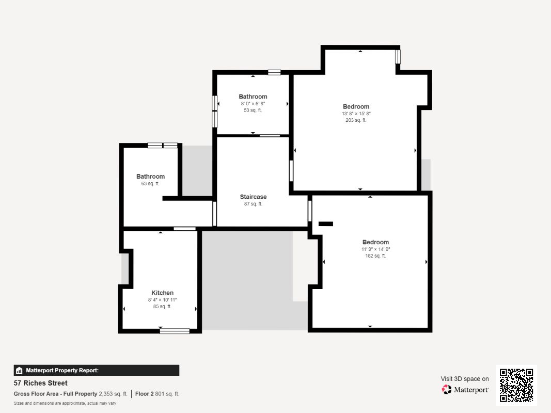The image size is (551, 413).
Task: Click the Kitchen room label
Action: pos(162,293)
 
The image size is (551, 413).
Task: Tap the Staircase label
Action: pos(253,197)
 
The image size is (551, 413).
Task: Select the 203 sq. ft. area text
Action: pos(356,120)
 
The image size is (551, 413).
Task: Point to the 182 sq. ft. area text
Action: pos(375,256)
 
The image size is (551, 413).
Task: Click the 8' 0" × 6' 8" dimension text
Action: pos(253,104)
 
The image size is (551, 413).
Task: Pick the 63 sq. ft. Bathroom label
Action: pos(150,176)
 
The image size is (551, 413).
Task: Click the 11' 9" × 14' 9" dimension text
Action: pos(375,249)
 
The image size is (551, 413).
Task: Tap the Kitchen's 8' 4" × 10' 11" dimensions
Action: pos(162,300)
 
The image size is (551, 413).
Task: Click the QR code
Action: pos(516,385)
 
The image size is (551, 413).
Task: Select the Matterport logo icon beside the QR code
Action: pos(447,389)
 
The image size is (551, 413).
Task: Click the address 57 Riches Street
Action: pos(40,383)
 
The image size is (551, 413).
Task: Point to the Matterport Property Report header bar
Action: pos(96,370)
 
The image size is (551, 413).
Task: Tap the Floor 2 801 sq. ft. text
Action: pos(157,394)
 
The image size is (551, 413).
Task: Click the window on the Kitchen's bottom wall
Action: pos(175,331)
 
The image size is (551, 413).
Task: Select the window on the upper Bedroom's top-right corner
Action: pos(398,57)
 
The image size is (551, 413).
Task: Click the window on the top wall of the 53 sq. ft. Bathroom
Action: pos(274,72)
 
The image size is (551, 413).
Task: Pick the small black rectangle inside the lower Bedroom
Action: pos(326,224)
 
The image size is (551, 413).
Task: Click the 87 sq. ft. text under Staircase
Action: pos(253,204)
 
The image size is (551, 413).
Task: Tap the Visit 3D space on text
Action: pos(465,378)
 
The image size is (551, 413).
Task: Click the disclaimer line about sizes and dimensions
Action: pos(65,403)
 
